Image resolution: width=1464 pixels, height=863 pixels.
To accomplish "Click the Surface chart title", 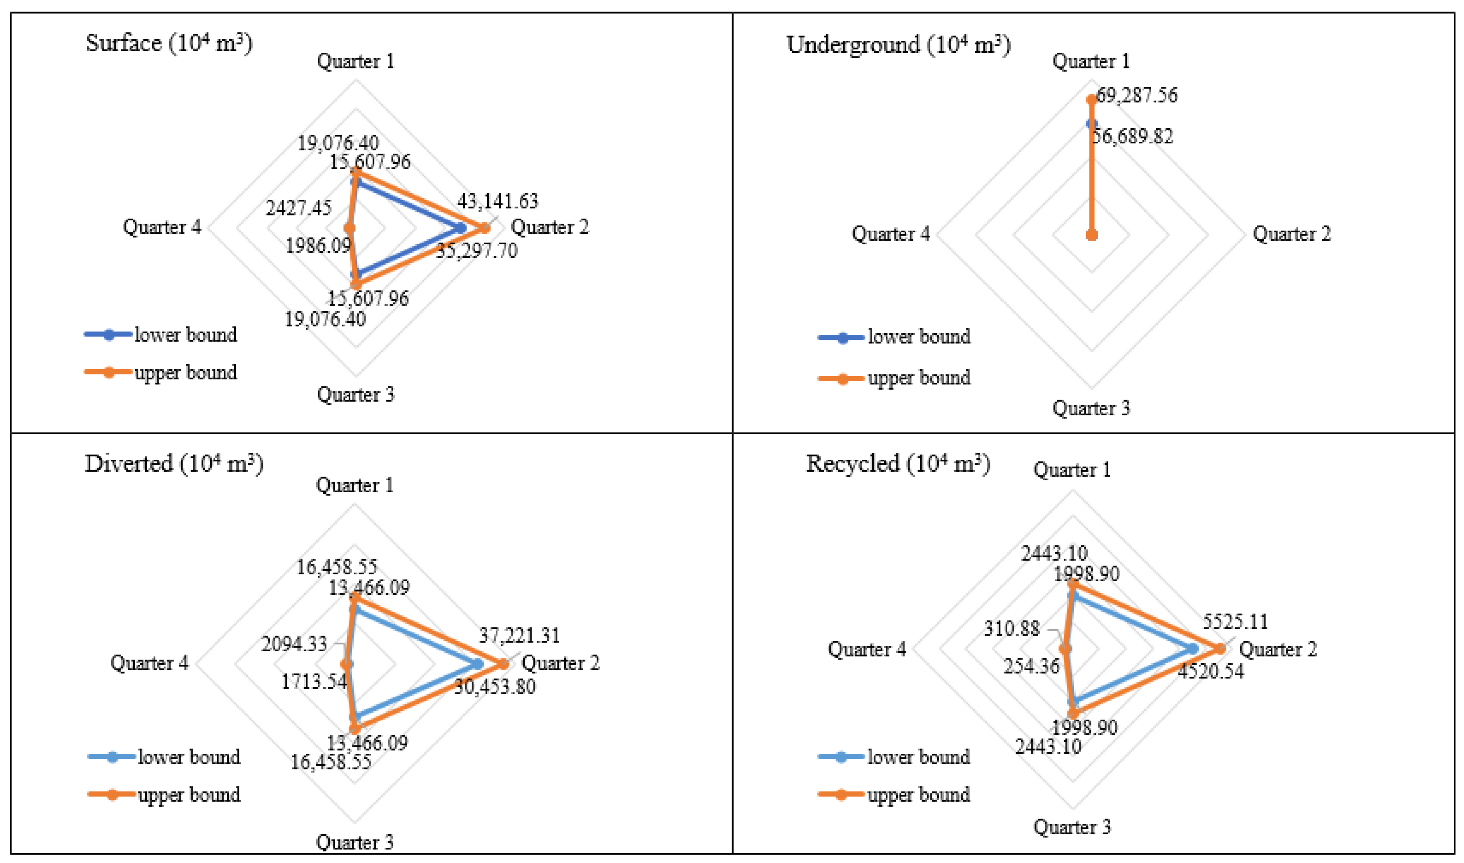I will pyautogui.click(x=169, y=44).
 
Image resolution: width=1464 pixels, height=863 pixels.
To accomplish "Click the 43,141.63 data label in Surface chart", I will pyautogui.click(x=497, y=201).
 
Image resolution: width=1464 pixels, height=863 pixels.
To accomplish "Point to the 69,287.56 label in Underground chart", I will pyautogui.click(x=1136, y=95).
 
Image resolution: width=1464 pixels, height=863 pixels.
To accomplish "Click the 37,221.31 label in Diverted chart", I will pyautogui.click(x=519, y=635).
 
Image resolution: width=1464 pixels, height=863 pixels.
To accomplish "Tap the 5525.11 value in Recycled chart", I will pyautogui.click(x=1235, y=622).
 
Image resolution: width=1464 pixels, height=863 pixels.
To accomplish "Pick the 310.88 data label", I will pyautogui.click(x=1011, y=629).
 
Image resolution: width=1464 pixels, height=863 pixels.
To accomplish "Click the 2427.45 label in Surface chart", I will pyautogui.click(x=298, y=208).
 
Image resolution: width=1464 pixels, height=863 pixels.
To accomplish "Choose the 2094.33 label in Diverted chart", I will pyautogui.click(x=294, y=644).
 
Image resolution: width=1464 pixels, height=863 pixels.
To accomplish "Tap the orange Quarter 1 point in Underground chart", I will pyautogui.click(x=1091, y=99).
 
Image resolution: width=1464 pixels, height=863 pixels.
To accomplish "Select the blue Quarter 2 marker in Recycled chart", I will pyautogui.click(x=1193, y=648).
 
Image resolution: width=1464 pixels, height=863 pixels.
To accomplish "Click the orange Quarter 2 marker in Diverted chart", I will pyautogui.click(x=503, y=664).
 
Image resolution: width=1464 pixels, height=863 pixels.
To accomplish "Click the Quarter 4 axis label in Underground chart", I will pyautogui.click(x=891, y=234).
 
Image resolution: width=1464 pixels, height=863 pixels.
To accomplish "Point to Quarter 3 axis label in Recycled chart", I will pyautogui.click(x=1072, y=826).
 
